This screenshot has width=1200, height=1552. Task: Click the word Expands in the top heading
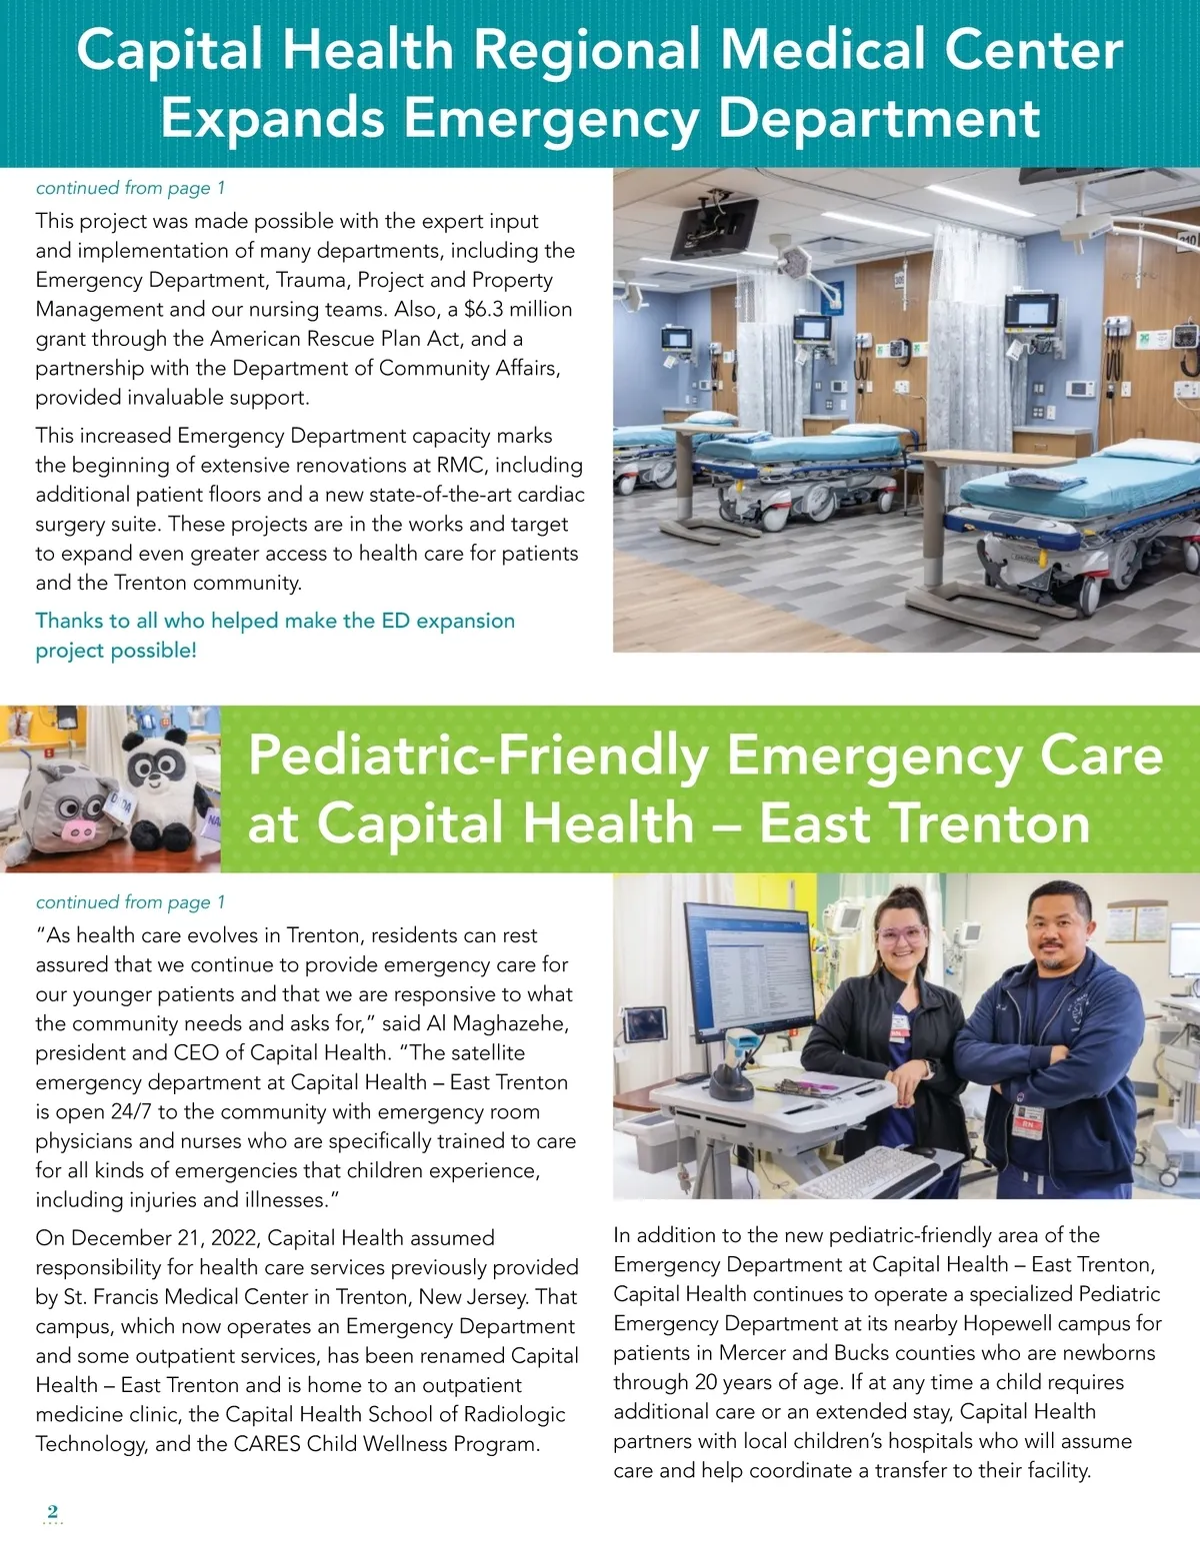pyautogui.click(x=272, y=118)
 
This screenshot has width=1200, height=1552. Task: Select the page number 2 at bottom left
pyautogui.click(x=53, y=1511)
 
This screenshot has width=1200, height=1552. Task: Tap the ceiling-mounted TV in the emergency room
pyautogui.click(x=714, y=226)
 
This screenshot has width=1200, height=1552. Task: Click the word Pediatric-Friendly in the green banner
pyautogui.click(x=478, y=756)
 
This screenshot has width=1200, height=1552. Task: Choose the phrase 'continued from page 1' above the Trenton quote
pyautogui.click(x=130, y=902)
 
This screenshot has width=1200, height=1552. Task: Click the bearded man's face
pyautogui.click(x=1059, y=930)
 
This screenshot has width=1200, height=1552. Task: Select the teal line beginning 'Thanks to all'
pyautogui.click(x=275, y=621)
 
